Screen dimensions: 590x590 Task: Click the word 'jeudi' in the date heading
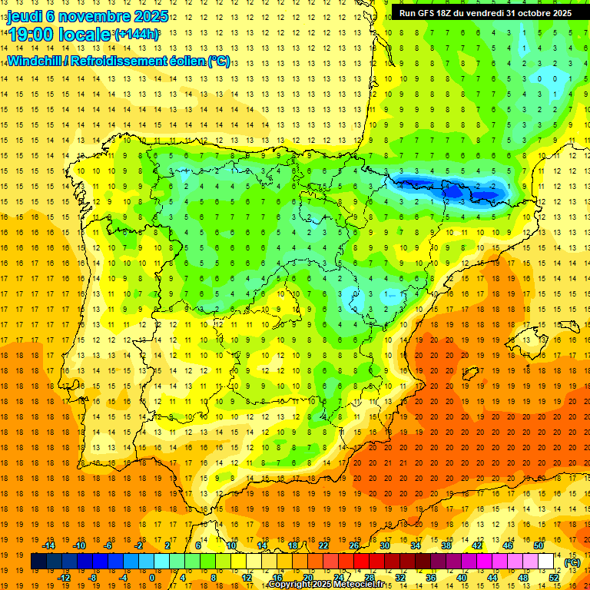(25, 17)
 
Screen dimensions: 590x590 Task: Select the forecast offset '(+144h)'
(137, 34)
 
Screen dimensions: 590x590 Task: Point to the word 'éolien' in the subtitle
(184, 61)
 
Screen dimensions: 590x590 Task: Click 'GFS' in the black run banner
(430, 13)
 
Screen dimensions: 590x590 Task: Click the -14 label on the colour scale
(51, 545)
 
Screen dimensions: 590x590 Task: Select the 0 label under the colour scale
(152, 578)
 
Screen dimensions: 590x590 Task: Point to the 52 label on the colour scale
(554, 578)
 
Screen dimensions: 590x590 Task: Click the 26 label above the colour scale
(354, 545)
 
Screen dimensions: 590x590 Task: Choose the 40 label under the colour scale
(462, 578)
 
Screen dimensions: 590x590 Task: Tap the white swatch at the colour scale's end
(545, 562)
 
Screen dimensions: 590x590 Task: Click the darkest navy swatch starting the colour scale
(38, 562)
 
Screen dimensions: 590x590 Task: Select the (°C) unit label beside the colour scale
(572, 562)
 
